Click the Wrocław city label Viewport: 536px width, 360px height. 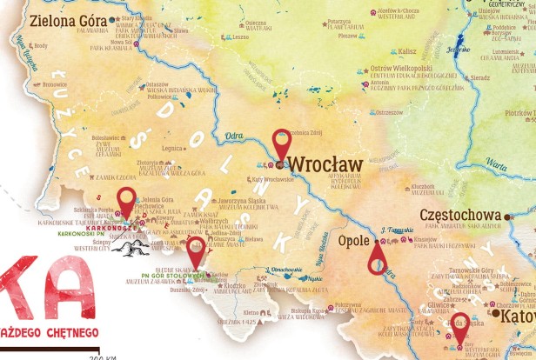[x=325, y=163]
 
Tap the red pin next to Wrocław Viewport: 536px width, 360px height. [x=281, y=143]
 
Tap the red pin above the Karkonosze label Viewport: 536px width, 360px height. [x=127, y=201]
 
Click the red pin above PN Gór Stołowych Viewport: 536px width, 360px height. [x=197, y=250]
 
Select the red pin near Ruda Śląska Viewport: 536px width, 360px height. [x=459, y=327]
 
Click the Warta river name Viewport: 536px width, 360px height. [x=497, y=163]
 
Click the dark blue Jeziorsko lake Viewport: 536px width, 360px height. [x=453, y=51]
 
